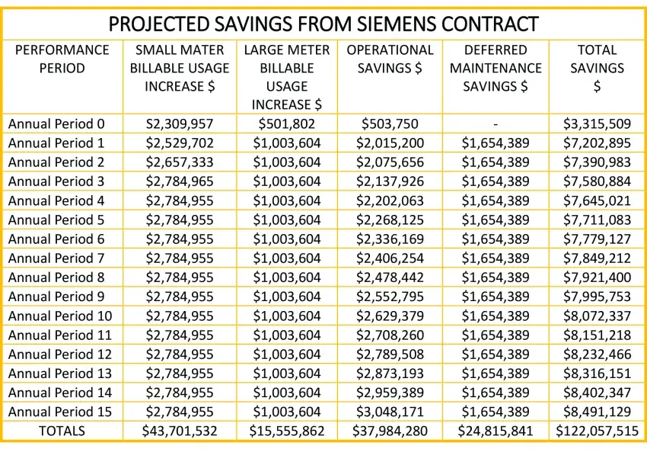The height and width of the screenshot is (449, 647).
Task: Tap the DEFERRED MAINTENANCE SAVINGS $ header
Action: [496, 68]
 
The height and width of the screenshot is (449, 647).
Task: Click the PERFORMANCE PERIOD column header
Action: [62, 59]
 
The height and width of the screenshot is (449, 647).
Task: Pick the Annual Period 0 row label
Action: [56, 123]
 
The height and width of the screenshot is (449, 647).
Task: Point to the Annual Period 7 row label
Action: [56, 258]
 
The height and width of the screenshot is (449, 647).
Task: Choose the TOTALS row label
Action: [62, 431]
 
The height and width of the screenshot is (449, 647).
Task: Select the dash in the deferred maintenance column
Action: [496, 123]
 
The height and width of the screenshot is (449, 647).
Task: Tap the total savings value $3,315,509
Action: [598, 123]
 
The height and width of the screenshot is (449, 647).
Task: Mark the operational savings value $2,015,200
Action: [390, 143]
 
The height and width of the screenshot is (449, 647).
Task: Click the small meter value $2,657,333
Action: [180, 162]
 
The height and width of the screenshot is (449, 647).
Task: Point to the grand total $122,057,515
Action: [598, 431]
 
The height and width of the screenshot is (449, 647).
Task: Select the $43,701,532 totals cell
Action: [180, 431]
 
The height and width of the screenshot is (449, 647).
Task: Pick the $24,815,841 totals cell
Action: [496, 431]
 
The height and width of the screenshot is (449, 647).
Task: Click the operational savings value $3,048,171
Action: [390, 412]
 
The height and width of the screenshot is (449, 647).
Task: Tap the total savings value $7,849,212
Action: [598, 258]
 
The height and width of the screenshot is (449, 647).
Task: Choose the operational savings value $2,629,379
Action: [390, 316]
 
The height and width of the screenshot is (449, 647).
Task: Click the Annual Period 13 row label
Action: [60, 373]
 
